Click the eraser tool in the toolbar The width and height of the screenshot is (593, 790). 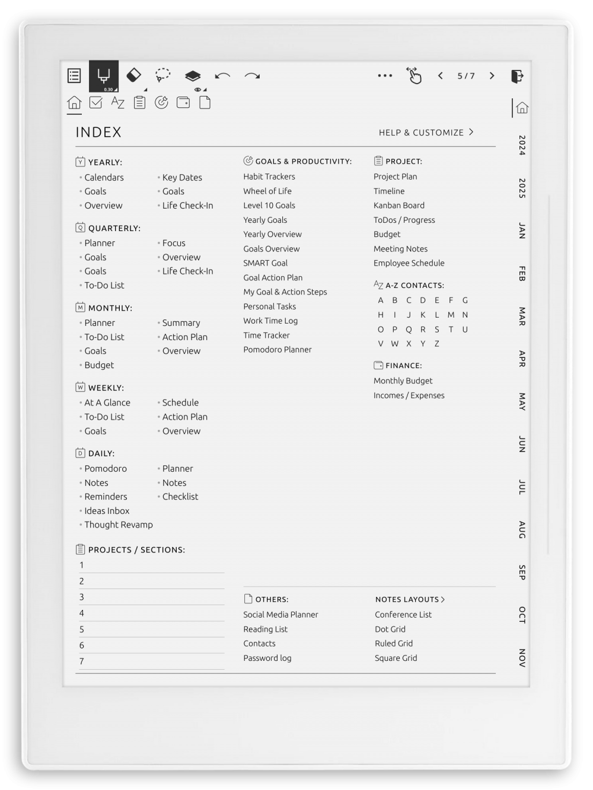tap(134, 75)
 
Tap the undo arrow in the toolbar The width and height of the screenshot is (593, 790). tap(222, 76)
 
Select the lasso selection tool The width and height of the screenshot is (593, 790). tap(162, 75)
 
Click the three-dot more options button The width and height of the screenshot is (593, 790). tap(385, 76)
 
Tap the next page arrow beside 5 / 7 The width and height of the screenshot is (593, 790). tap(492, 76)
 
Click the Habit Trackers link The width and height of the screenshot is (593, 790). tap(269, 177)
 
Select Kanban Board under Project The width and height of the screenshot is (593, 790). tap(398, 206)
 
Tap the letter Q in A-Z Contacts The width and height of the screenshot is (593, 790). tap(409, 330)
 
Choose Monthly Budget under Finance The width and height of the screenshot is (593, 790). tap(403, 381)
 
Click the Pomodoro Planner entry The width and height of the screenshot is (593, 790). tap(277, 350)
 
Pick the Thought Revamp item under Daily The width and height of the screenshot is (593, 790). tap(118, 524)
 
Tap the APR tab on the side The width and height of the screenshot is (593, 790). tap(522, 359)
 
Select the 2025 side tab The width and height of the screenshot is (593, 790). tap(522, 188)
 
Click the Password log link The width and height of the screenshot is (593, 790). tap(267, 658)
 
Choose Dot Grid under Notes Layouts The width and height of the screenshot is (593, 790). tap(390, 629)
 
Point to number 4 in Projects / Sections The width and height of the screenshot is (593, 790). tap(82, 613)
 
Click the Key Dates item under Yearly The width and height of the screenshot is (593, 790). tap(181, 177)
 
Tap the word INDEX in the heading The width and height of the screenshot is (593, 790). tap(98, 132)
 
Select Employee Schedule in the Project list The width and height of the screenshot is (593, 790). tap(409, 263)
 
